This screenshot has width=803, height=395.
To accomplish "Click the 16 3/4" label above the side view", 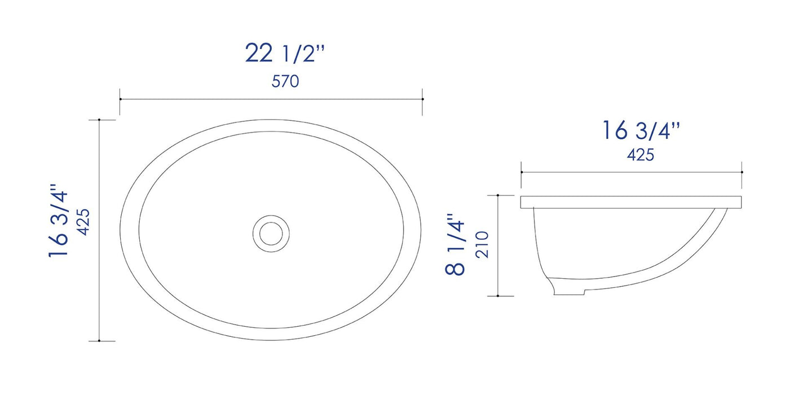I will pyautogui.click(x=641, y=131).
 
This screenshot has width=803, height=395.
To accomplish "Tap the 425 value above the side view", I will pyautogui.click(x=641, y=155).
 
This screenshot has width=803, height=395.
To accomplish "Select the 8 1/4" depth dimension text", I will pyautogui.click(x=456, y=244).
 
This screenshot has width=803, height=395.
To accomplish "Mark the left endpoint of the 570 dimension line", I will pyautogui.click(x=120, y=99).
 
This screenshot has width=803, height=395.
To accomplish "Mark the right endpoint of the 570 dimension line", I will pyautogui.click(x=422, y=99).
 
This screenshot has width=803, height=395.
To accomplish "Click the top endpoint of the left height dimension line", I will pyautogui.click(x=99, y=120).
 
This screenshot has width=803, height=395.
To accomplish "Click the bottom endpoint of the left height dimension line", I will pyautogui.click(x=99, y=341).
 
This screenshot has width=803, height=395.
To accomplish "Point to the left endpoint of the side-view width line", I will pyautogui.click(x=521, y=172).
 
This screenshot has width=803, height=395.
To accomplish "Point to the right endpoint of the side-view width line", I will pyautogui.click(x=742, y=172).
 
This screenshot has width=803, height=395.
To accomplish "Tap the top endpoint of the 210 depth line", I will pyautogui.click(x=498, y=195).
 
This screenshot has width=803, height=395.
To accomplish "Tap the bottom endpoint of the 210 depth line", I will pyautogui.click(x=498, y=295).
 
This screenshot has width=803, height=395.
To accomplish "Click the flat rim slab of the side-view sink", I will pyautogui.click(x=631, y=201).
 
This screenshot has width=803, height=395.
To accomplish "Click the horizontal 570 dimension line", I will pyautogui.click(x=271, y=99).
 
